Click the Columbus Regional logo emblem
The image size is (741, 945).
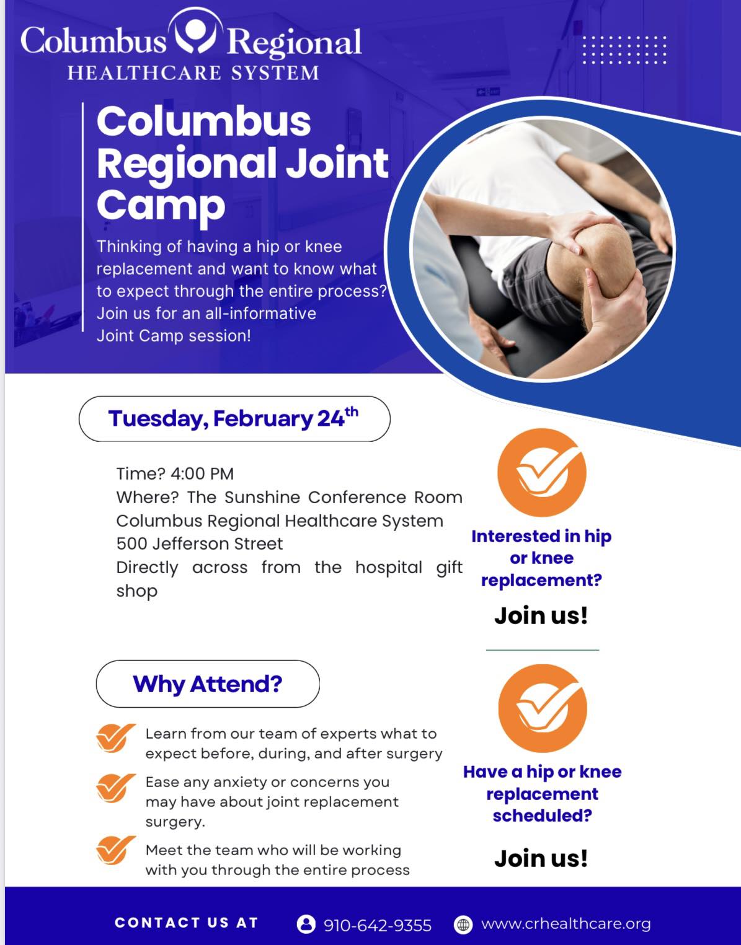pos(195,31)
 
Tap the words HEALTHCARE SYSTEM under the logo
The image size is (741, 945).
pos(193,73)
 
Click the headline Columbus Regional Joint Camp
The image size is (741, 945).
pos(242,164)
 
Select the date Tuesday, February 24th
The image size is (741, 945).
pos(234,418)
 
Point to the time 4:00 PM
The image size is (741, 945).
pos(202,473)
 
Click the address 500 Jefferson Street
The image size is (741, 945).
pos(200,543)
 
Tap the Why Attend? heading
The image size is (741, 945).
pos(208,684)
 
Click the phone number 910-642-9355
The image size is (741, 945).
pos(377,925)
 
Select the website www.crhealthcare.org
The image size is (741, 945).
pos(566,924)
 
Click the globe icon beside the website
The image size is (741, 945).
pos(463,925)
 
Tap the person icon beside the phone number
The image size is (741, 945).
pos(306,925)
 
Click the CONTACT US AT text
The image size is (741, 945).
pos(187,923)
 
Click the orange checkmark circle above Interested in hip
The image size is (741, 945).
pos(542,473)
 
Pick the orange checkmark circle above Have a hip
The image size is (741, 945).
pos(543,708)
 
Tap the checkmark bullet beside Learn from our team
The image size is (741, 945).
pos(115,737)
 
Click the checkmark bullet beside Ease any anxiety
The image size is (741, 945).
pos(115,788)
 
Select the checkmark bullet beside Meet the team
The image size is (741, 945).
pos(115,850)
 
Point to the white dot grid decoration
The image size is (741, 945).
pos(624,50)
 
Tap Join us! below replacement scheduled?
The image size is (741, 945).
pos(541,858)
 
